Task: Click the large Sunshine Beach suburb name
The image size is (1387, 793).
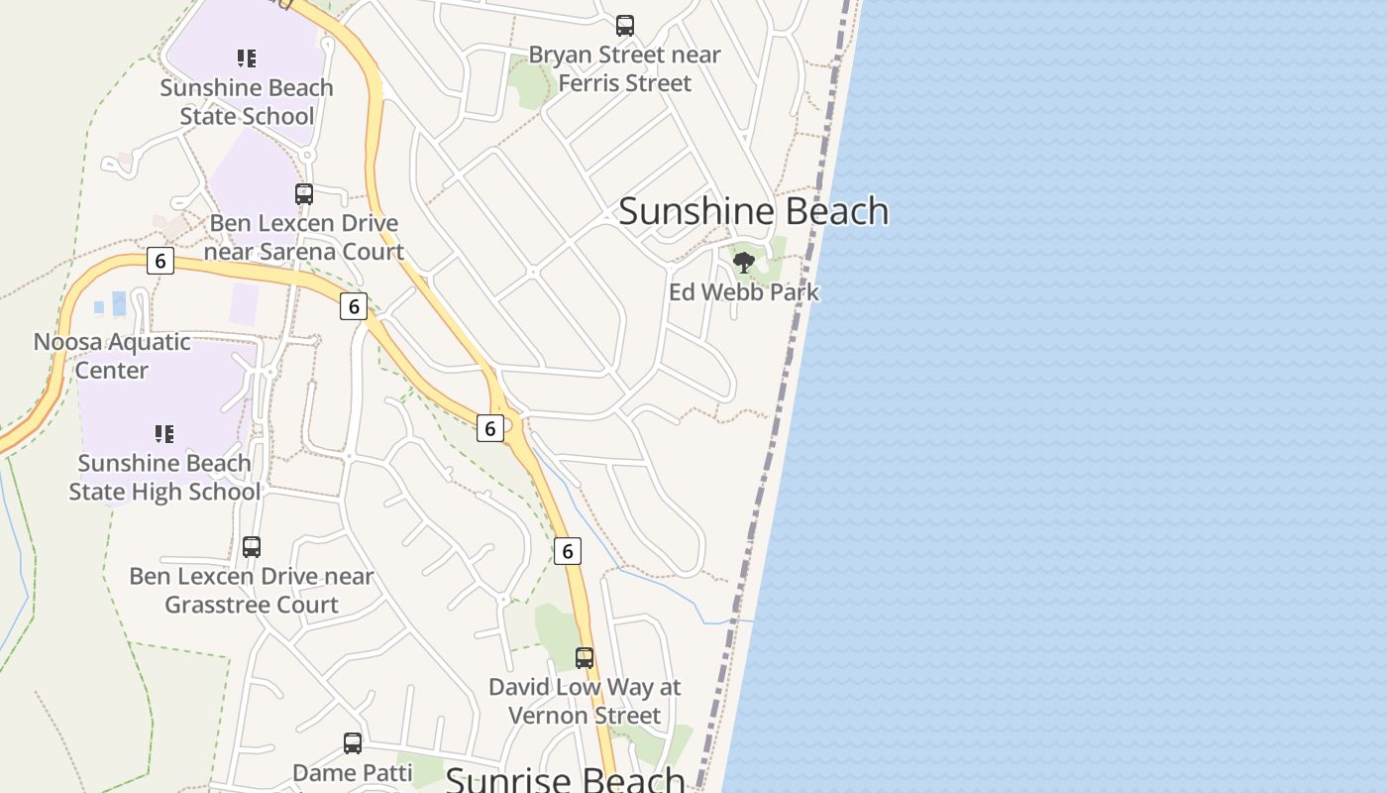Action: (x=753, y=211)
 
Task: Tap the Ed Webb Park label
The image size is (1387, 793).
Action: (x=744, y=292)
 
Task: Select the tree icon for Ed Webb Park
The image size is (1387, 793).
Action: (x=744, y=263)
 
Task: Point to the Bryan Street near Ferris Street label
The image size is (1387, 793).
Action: (x=624, y=68)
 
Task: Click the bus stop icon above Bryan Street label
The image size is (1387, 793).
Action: (x=624, y=26)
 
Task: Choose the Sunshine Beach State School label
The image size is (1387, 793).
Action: (x=247, y=102)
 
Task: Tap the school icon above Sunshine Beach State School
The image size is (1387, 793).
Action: (x=247, y=58)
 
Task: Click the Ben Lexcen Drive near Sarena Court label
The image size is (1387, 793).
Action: (x=304, y=238)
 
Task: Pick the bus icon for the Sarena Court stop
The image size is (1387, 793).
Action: (x=304, y=194)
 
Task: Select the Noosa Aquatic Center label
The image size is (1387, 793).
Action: (x=111, y=356)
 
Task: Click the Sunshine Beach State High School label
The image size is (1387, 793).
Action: (x=164, y=477)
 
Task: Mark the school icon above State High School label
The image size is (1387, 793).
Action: (x=164, y=433)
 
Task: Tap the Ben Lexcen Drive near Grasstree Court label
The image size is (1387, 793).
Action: (x=252, y=590)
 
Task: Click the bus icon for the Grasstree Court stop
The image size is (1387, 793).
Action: (x=252, y=547)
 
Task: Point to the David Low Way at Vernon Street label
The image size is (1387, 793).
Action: (x=585, y=701)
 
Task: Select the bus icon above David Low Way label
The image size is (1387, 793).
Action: (x=585, y=657)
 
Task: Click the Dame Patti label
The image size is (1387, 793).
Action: (x=352, y=772)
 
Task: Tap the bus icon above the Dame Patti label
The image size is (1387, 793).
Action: (x=353, y=743)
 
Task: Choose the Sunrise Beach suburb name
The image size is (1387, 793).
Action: (x=565, y=778)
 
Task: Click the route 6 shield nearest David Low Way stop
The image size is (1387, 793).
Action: (x=567, y=551)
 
